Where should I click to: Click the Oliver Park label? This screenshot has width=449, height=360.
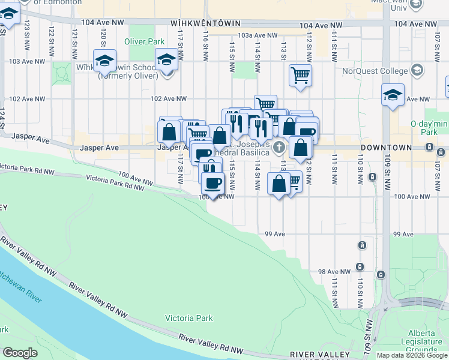(x=144, y=42)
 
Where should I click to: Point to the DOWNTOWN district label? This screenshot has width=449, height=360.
(x=386, y=147)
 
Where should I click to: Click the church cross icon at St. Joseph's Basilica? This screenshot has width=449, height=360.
(x=279, y=147)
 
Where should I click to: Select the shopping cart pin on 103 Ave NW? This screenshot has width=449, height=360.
(x=300, y=76)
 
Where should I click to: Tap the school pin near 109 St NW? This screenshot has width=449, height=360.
(x=393, y=95)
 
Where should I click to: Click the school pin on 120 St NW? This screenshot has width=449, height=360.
(x=104, y=61)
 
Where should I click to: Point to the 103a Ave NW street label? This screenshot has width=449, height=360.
(x=252, y=35)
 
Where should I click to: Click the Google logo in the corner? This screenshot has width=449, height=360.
(x=20, y=353)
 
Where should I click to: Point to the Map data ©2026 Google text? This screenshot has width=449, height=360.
(x=411, y=355)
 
